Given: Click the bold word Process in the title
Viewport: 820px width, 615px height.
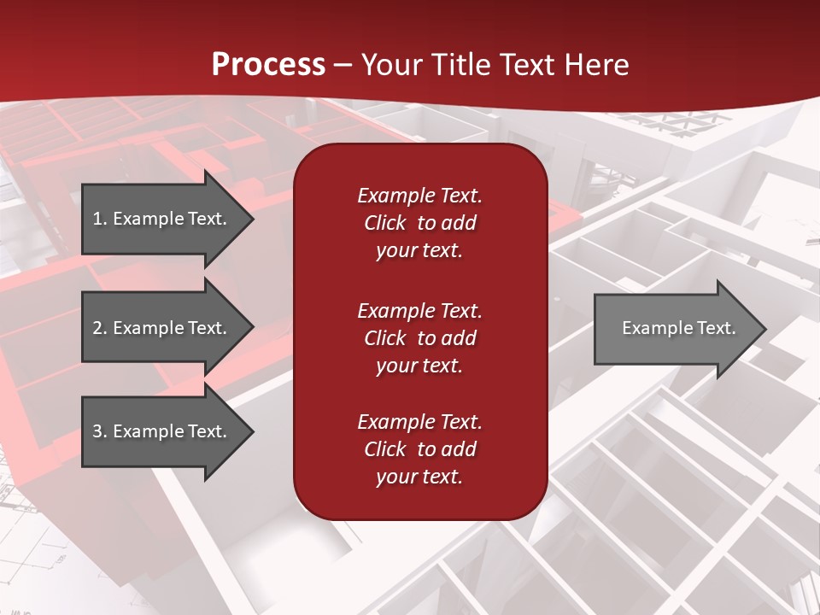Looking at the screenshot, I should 268,65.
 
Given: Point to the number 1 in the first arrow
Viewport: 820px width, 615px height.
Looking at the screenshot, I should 97,219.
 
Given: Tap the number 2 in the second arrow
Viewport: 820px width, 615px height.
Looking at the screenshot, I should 97,328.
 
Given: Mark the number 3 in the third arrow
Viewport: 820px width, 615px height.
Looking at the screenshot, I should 97,431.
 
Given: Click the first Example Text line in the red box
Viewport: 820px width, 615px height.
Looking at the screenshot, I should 419,196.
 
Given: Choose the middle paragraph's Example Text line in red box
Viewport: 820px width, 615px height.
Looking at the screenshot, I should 419,310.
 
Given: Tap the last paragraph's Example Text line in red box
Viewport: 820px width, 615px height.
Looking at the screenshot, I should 419,422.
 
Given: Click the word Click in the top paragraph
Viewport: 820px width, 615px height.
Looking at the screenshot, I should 385,223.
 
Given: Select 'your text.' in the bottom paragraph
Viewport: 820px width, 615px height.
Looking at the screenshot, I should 419,477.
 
